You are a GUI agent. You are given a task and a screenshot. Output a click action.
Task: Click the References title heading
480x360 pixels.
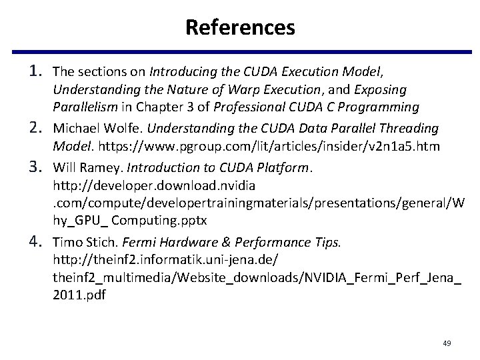[x=240, y=27]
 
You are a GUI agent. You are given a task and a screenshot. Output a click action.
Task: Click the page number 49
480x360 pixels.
[x=447, y=343]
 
